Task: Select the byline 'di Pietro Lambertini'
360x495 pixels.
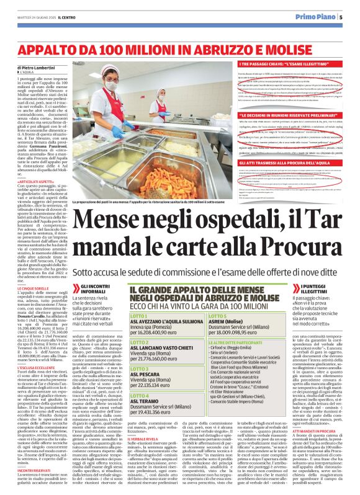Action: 37,66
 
